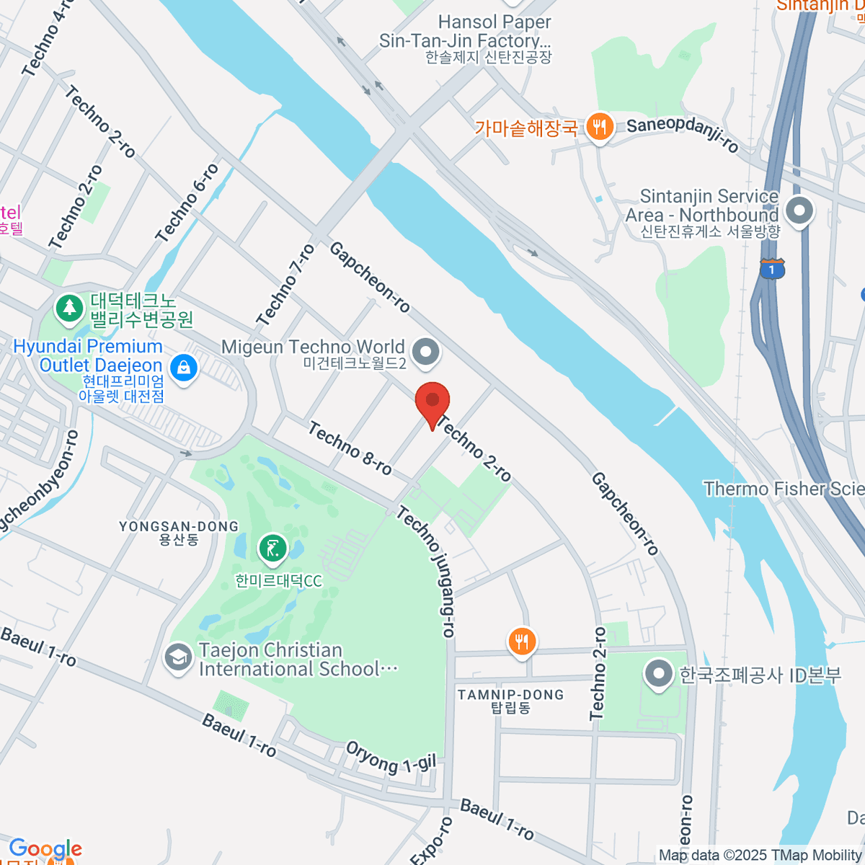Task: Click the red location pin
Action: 432,402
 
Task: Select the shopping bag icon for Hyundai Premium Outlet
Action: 185,368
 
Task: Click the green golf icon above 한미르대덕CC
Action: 272,549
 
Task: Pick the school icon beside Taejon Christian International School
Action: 177,657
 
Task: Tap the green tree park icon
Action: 69,308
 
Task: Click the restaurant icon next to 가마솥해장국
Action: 599,128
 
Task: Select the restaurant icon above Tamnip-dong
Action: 522,641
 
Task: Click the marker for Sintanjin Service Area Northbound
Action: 799,212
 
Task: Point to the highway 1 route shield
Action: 772,270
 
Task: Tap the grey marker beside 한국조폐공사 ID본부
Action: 657,675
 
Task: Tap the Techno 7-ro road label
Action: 285,285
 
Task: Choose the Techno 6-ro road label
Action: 187,203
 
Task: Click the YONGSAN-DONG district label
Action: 179,532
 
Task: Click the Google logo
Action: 45,849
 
